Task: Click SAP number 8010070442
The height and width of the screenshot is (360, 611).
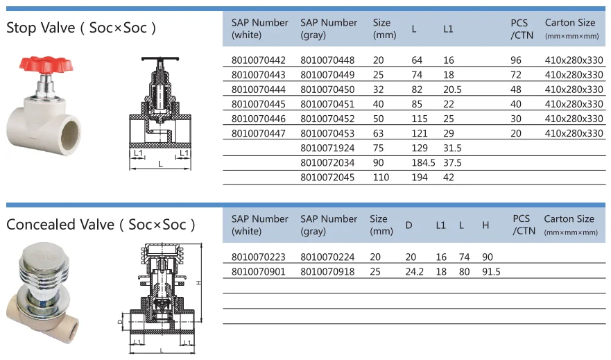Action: [x=258, y=60]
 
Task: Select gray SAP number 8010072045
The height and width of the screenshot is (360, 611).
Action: [x=327, y=177]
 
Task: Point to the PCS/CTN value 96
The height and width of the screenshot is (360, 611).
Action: [x=516, y=60]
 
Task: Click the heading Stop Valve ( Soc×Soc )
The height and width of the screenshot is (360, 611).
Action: [x=81, y=28]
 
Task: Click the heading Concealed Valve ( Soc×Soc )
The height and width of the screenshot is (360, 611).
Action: [x=101, y=225]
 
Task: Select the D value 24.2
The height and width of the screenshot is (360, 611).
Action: [x=414, y=272]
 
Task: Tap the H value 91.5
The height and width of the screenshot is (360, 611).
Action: [x=490, y=272]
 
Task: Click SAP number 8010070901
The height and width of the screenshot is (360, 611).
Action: [x=258, y=272]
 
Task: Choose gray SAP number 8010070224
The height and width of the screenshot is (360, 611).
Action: [x=327, y=257]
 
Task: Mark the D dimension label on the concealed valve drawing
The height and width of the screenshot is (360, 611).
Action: [x=119, y=322]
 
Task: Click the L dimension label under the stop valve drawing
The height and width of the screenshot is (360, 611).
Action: [x=161, y=164]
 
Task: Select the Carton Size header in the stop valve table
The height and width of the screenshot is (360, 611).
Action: [x=570, y=23]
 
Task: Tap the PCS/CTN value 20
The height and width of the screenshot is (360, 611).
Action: [x=516, y=133]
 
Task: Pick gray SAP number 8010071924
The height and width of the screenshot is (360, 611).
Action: [x=327, y=148]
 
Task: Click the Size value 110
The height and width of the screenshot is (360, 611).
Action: [x=381, y=177]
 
